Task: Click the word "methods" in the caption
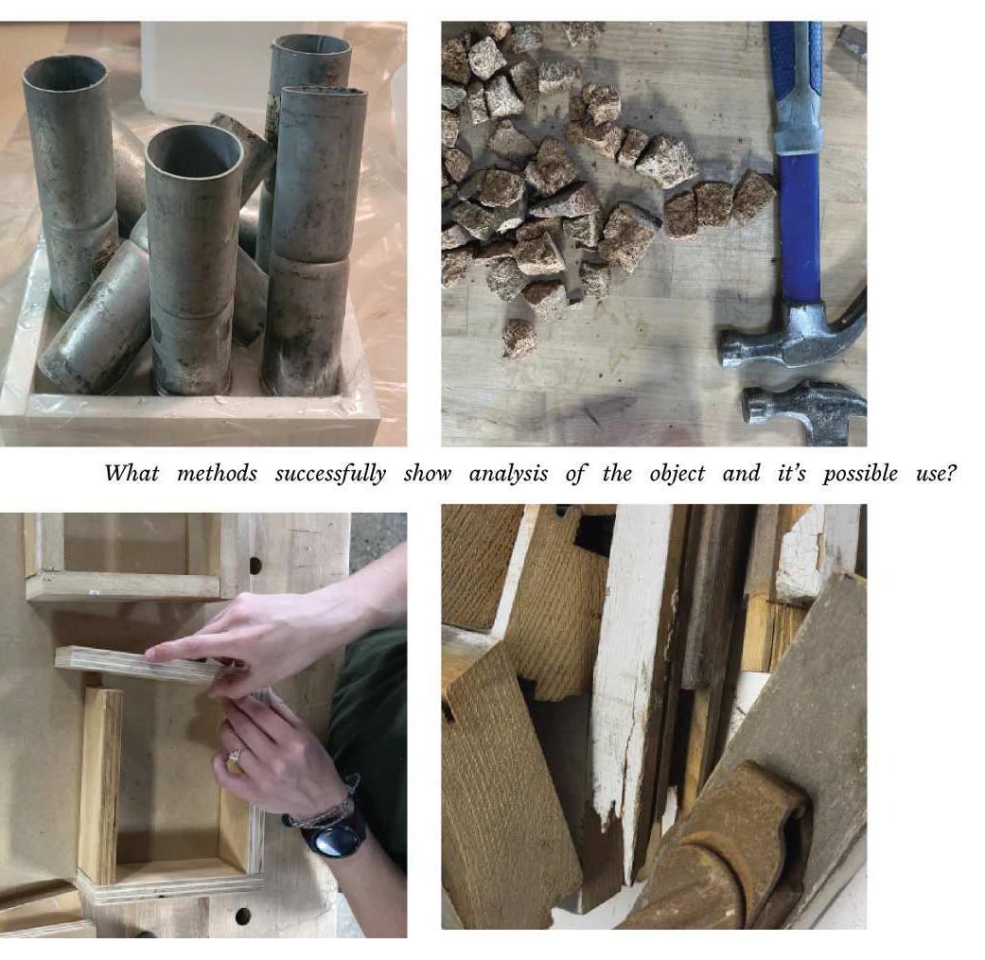point(217,474)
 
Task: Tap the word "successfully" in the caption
point(330,475)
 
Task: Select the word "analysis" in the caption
point(508,475)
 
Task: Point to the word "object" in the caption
point(677,475)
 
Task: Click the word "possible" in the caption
point(860,475)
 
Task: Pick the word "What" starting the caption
point(132,474)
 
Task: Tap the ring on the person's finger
point(234,756)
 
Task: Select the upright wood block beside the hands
point(100,785)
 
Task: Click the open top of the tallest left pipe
point(64,74)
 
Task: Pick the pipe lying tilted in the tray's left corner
point(95,321)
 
